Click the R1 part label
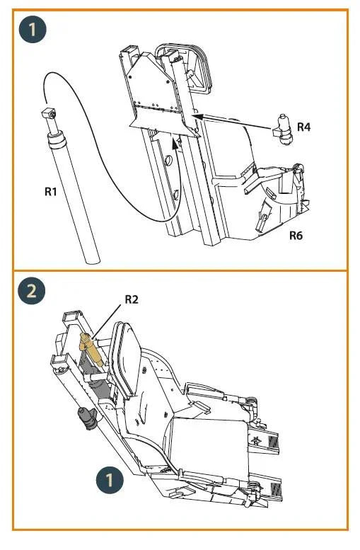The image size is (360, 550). pos(50,192)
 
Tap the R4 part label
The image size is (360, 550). pos(303,127)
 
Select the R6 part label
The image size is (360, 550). pos(296,235)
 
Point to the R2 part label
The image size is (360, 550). pos(132,299)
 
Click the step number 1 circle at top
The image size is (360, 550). pos(33,30)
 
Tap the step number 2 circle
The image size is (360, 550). pos(32,291)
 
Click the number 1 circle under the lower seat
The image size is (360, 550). pos(110,480)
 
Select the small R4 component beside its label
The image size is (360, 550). pos(283,129)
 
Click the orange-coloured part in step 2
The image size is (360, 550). pos(91,349)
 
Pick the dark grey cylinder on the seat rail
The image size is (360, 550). pos(88,418)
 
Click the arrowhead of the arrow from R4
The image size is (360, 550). pos(197,117)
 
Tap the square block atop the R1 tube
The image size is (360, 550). pos(49,113)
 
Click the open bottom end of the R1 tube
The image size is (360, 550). pos(93,262)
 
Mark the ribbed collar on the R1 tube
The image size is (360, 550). pos(57,139)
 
